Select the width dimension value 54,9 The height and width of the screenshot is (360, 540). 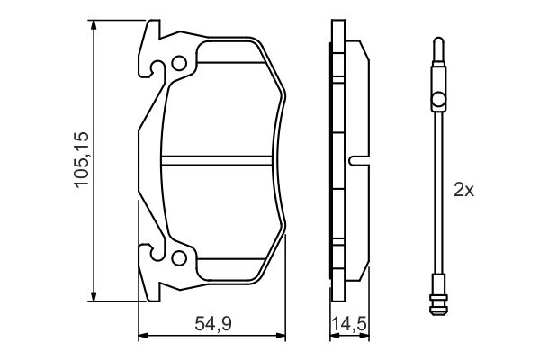(x=212, y=323)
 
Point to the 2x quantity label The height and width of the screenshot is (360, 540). (x=463, y=190)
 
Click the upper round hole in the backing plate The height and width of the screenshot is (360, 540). (x=179, y=64)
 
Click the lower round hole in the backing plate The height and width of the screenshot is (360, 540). (x=179, y=261)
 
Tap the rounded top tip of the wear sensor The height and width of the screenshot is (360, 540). (x=436, y=41)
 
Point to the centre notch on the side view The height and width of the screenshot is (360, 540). (x=357, y=163)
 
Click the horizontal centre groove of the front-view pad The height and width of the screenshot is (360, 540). (x=220, y=163)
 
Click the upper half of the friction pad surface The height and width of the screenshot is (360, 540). (x=220, y=108)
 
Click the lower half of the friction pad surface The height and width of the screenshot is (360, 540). (x=220, y=216)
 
